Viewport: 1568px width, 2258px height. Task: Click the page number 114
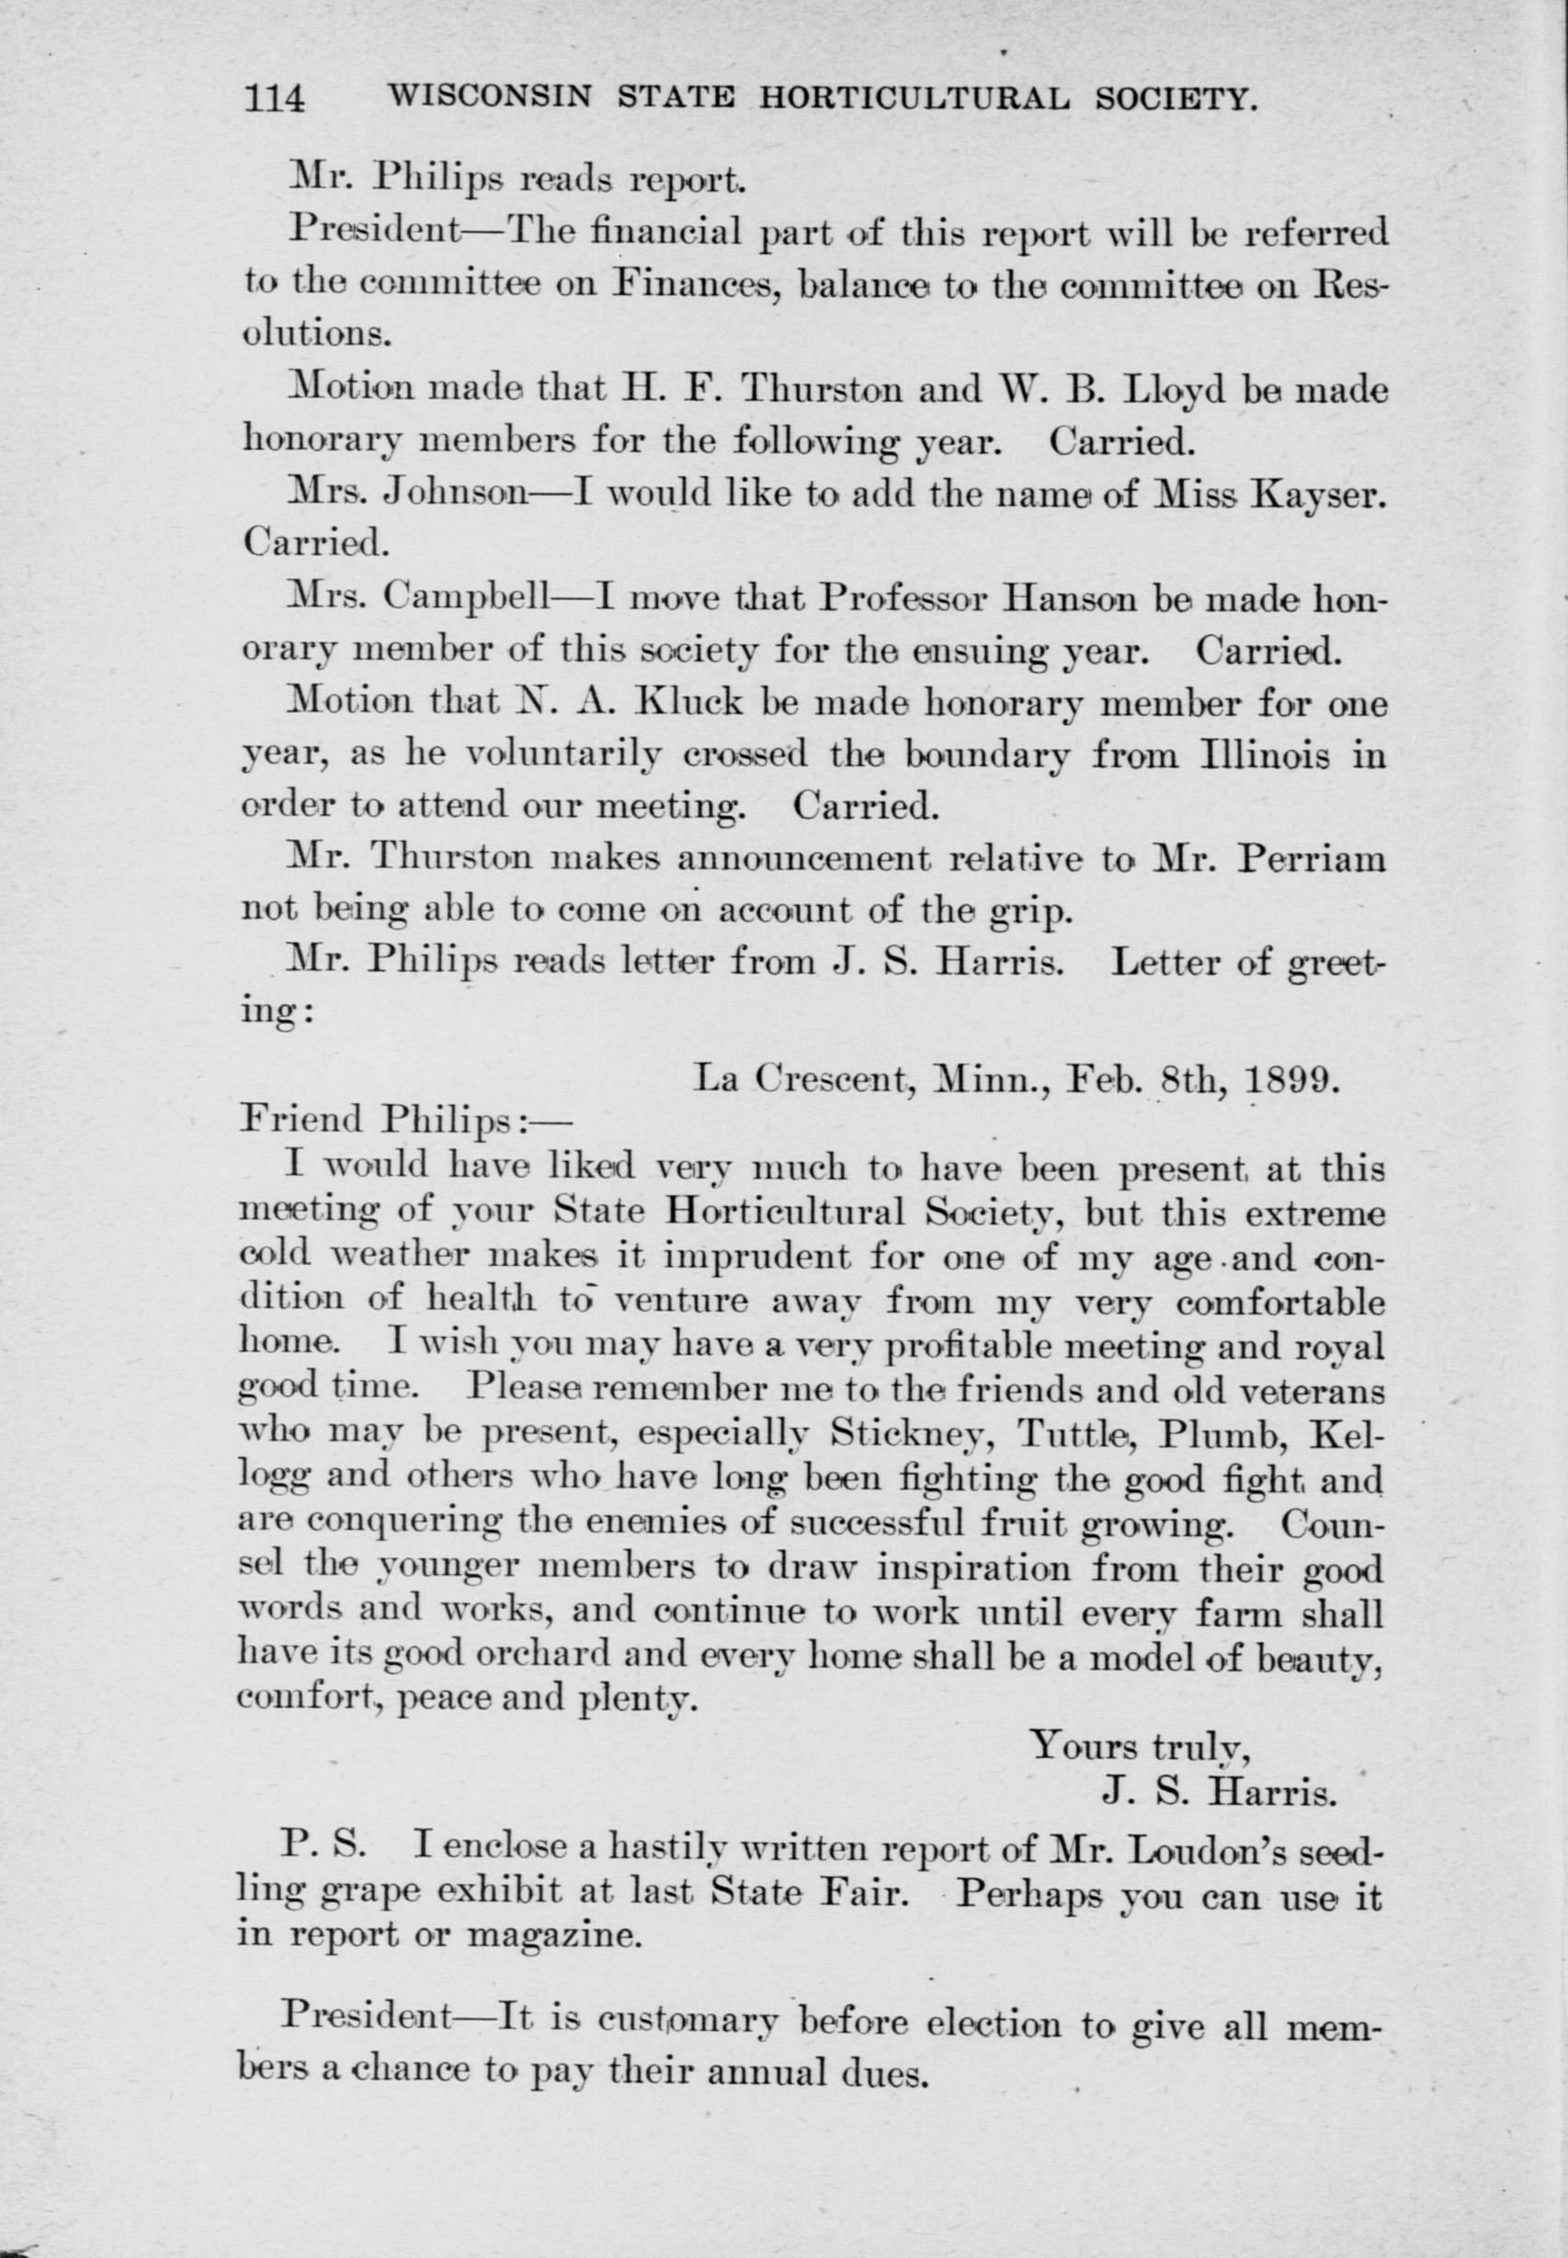[x=275, y=99]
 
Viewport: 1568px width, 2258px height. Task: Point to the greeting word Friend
[x=301, y=1119]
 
